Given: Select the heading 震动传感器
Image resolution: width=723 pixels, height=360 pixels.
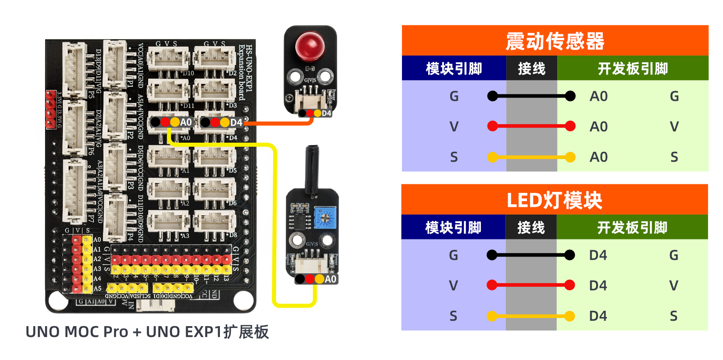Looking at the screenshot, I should click(555, 41).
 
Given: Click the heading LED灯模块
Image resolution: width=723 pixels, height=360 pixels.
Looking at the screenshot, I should click(554, 200).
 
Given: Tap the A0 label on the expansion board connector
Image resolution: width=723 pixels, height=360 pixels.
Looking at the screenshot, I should click(186, 122).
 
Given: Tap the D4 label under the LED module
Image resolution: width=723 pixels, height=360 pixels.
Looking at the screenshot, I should click(327, 113).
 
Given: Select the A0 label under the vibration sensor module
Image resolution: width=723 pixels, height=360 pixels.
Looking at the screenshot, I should click(331, 279).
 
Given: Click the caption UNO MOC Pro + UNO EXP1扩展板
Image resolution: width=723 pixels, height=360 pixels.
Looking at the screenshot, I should click(147, 332).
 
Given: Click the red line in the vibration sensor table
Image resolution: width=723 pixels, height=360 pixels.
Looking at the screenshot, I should click(532, 126).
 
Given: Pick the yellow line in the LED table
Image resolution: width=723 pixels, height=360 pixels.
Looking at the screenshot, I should click(531, 316).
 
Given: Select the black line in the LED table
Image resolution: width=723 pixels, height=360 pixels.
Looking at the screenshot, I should click(531, 255).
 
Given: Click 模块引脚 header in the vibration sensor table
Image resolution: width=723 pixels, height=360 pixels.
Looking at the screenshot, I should click(454, 69).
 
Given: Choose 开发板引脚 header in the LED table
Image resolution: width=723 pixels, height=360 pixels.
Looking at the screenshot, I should click(632, 228).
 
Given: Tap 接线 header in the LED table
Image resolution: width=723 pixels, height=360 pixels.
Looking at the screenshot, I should click(531, 228).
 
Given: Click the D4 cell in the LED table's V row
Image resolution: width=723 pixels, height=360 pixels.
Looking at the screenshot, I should click(598, 285).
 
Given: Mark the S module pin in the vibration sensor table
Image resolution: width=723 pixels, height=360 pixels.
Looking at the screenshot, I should click(454, 157).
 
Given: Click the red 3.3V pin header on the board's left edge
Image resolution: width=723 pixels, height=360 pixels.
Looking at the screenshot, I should click(50, 109).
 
